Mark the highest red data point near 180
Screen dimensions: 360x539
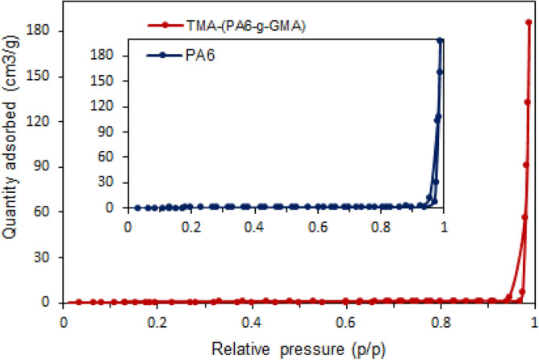[529, 23]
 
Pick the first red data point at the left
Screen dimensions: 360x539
[78, 301]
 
